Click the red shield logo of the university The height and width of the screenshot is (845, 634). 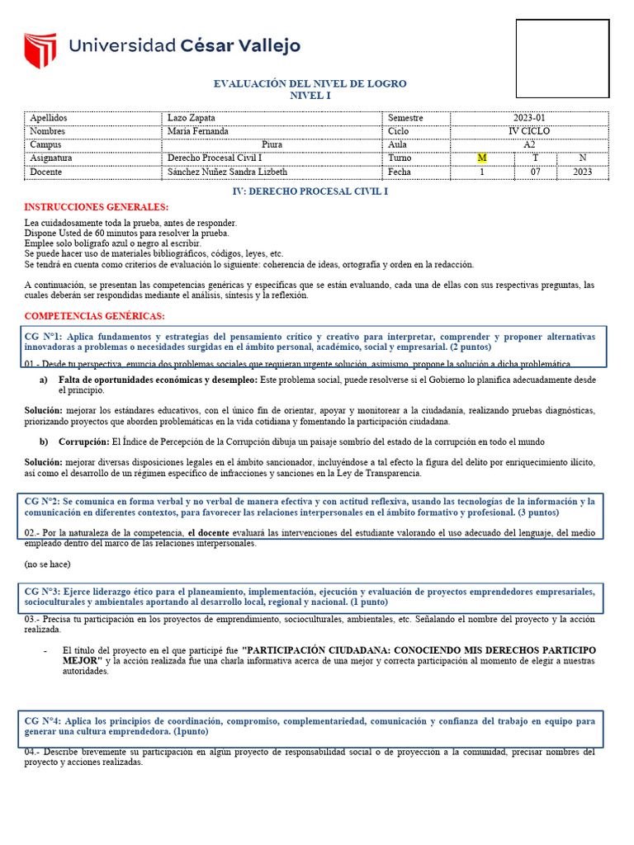[40, 50]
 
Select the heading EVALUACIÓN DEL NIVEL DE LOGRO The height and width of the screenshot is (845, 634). [310, 84]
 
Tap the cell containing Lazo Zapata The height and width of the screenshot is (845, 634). [191, 118]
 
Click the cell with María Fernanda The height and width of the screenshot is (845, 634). [197, 131]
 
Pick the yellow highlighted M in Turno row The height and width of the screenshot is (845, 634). [482, 158]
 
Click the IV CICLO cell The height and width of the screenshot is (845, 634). [529, 131]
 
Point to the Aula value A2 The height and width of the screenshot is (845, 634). [529, 144]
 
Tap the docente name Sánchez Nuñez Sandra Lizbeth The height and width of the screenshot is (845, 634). [227, 172]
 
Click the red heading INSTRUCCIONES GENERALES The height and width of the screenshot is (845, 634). [97, 207]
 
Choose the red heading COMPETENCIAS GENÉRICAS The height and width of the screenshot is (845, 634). [94, 316]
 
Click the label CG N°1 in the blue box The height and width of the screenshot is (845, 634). [44, 338]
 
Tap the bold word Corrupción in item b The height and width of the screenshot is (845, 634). [83, 441]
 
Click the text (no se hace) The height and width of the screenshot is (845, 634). [48, 564]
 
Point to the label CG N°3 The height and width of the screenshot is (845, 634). [44, 592]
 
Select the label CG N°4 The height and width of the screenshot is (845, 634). [44, 720]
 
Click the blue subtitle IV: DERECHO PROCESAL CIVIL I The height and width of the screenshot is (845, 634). [311, 191]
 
